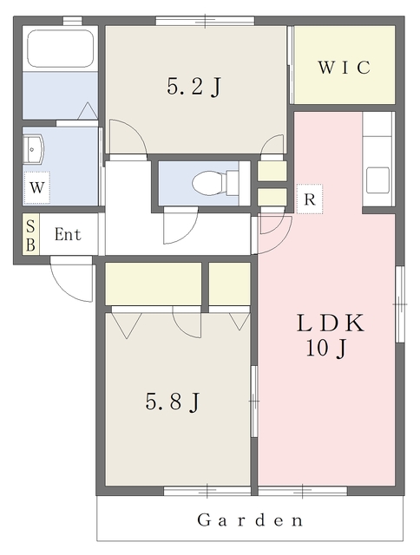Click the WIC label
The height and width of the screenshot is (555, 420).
point(344,68)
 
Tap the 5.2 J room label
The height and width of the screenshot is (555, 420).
point(194,87)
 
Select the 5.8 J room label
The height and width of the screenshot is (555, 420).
point(173,402)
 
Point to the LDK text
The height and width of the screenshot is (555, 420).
point(331,323)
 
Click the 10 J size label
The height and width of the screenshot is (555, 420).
point(326,349)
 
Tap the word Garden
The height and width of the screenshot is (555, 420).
point(250,520)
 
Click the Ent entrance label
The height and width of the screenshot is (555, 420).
point(68,234)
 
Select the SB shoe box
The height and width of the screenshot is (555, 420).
point(31,233)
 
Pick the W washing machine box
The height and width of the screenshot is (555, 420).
point(36,188)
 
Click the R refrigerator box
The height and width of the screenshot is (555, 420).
point(310,199)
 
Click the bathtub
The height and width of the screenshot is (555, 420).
point(60,49)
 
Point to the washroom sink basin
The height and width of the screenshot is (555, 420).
point(33,149)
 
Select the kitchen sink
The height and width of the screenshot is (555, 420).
point(377,180)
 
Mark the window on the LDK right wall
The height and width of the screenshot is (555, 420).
point(400,304)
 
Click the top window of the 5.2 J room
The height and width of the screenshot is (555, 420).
point(205,21)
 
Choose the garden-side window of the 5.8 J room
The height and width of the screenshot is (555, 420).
point(207,491)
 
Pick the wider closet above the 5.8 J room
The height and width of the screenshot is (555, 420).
point(154,284)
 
